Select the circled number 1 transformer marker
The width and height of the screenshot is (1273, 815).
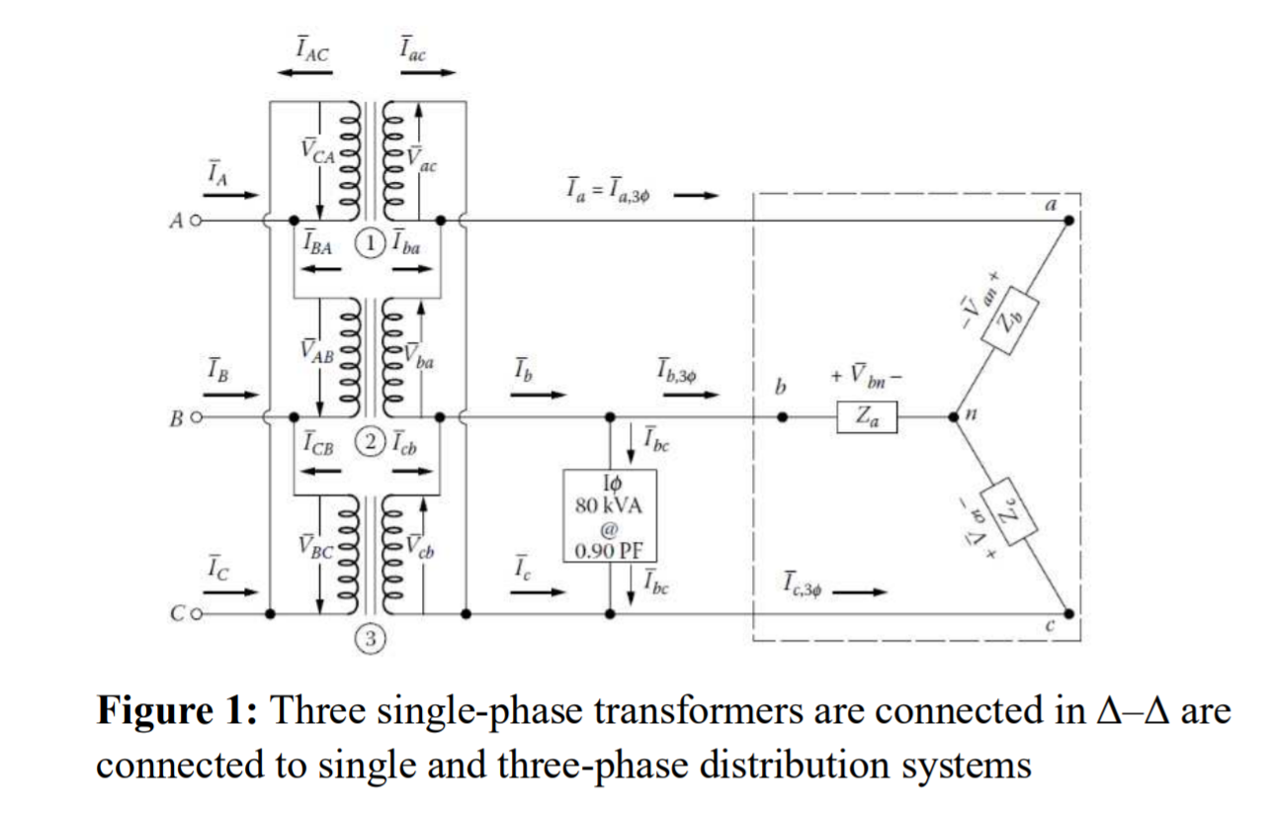coord(369,243)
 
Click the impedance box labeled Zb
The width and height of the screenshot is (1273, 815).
coord(1009,319)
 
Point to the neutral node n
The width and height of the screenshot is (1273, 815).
coord(953,417)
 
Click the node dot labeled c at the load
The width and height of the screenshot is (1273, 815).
coord(1067,614)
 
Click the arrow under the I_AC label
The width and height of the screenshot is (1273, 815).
coord(303,73)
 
